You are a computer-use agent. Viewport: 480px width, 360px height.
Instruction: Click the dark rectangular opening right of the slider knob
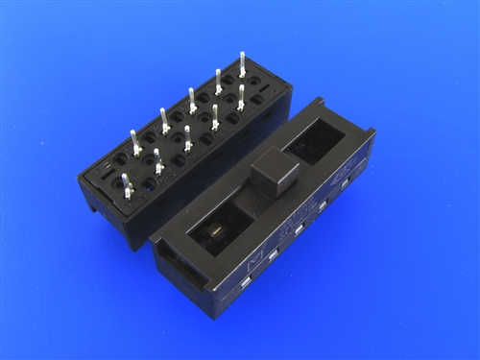(x=315, y=142)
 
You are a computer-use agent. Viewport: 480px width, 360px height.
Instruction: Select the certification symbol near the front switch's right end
(x=344, y=180)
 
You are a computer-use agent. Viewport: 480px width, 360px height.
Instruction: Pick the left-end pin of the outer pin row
(x=135, y=142)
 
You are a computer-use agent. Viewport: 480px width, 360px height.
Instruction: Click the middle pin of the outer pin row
(x=192, y=99)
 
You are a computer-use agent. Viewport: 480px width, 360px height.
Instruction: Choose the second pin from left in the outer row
(x=164, y=119)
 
